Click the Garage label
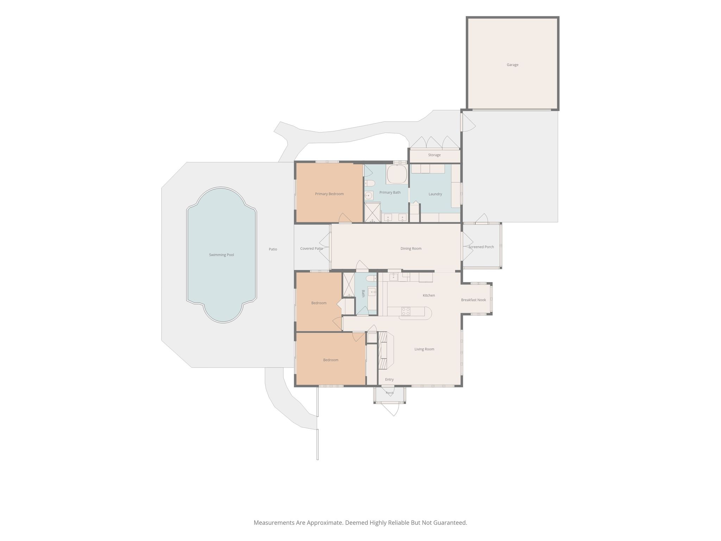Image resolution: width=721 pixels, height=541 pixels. click(512, 65)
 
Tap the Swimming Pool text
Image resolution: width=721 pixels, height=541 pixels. click(221, 255)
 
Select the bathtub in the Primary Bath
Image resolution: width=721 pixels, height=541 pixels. click(397, 174)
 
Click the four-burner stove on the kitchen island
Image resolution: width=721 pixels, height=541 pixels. click(406, 311)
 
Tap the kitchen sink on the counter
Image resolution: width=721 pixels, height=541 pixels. click(394, 277)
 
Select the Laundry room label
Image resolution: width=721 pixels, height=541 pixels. click(435, 194)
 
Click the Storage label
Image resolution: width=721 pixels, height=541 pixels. click(434, 155)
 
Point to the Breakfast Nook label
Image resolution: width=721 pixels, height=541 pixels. click(474, 300)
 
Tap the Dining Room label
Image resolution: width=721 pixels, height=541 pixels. click(411, 249)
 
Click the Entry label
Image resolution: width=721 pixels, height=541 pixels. click(389, 379)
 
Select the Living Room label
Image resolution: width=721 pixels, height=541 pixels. click(424, 349)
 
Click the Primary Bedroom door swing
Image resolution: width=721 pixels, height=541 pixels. click(345, 218)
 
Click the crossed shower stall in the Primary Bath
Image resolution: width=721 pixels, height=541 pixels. click(373, 212)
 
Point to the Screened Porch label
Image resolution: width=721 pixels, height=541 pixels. click(481, 247)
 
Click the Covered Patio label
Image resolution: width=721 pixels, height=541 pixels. click(312, 249)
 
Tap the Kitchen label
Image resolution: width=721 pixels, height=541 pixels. click(429, 296)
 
